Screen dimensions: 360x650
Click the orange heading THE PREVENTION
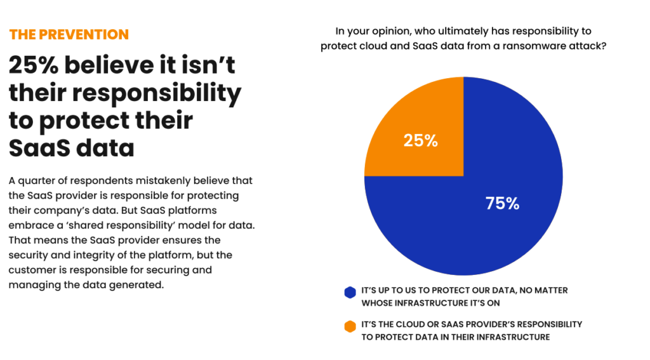click(x=69, y=34)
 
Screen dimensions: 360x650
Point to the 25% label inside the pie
click(x=420, y=141)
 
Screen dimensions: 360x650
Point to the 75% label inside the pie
click(x=502, y=203)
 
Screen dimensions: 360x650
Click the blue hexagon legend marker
click(x=349, y=292)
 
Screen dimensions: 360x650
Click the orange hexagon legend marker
click(x=349, y=326)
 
